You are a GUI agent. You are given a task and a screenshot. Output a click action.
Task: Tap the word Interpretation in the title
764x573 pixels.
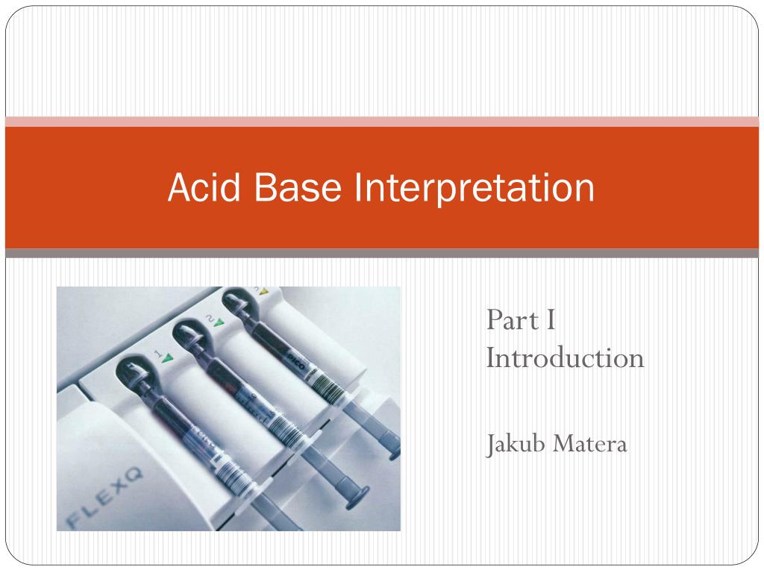pos(474,188)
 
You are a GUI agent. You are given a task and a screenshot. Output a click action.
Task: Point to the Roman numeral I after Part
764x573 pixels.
pos(550,321)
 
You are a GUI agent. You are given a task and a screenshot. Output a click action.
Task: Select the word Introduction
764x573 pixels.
pos(565,357)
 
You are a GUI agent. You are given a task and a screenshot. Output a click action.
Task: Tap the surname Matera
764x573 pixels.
pos(593,445)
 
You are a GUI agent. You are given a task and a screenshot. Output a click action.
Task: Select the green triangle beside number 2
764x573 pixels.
pos(219,325)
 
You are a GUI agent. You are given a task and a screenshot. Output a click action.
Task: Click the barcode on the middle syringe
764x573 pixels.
pos(281,426)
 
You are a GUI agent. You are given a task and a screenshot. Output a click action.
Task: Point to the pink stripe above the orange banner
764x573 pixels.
pos(382,122)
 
